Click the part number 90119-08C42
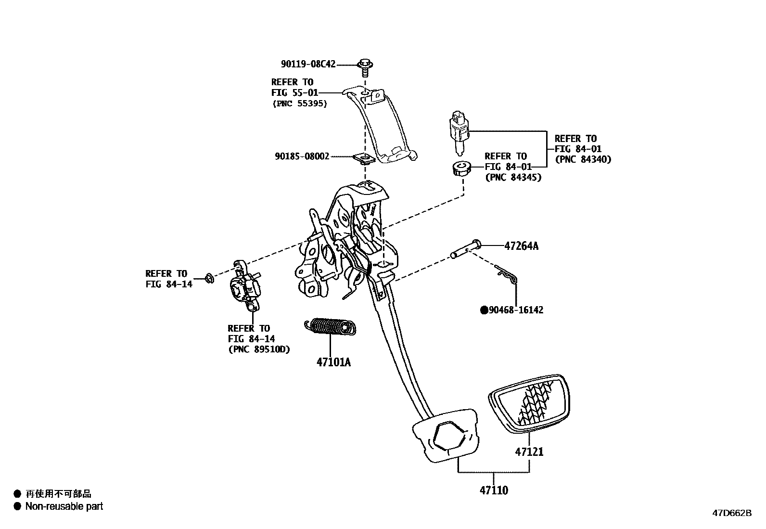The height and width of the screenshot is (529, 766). point(308,64)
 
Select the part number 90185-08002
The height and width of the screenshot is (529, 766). point(302,156)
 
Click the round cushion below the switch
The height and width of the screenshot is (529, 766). point(461,168)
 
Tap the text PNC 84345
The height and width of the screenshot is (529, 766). point(513,178)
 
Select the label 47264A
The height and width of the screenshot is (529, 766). point(521,246)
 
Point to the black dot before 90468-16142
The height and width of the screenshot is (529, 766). point(484,310)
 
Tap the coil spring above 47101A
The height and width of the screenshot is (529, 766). point(331,326)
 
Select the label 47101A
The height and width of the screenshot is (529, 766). point(333,362)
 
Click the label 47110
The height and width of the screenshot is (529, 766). point(494,491)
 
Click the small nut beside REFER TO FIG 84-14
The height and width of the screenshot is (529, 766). point(209,278)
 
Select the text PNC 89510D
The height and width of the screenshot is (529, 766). point(259,349)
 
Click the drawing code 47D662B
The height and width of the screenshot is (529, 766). point(731,513)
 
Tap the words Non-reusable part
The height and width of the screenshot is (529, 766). point(64,506)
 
